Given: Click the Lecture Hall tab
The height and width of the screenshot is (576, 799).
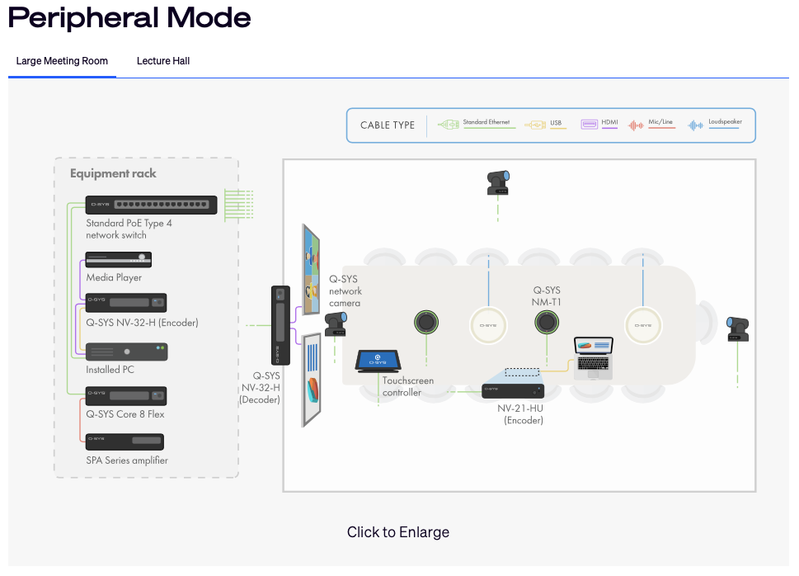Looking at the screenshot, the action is coord(163,61).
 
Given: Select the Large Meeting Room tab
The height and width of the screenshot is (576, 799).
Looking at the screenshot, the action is coord(62,61).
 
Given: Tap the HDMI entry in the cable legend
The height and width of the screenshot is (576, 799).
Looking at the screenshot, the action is coord(599,124).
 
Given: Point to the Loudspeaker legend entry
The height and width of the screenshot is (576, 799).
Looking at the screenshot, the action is coord(715,124).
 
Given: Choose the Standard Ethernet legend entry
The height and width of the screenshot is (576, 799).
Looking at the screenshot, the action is coord(474,124).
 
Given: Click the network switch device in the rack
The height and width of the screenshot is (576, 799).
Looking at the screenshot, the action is coord(152,205).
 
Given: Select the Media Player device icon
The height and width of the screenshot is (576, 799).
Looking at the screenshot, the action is coord(118,260).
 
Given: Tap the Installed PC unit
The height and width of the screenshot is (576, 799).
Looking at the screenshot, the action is coord(126,352).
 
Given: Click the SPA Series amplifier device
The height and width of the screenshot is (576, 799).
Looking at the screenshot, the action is coord(125,441).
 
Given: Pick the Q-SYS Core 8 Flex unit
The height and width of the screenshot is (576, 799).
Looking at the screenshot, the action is coord(126,396).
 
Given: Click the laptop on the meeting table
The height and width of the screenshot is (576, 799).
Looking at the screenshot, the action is coord(593,358).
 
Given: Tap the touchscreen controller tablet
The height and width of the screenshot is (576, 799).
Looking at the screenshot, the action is coord(378,361).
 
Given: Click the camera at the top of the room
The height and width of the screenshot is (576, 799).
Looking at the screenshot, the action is coord(498,182).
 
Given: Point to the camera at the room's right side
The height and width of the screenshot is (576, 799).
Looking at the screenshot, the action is coord(737,329).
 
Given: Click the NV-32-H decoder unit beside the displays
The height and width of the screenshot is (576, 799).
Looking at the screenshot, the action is coord(280,325).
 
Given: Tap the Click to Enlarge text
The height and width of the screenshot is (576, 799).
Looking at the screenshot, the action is coord(398,532).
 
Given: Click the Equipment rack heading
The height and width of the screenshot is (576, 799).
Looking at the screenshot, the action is coord(113,173).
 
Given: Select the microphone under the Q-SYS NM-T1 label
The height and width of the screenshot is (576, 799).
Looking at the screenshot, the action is coord(547,322).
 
